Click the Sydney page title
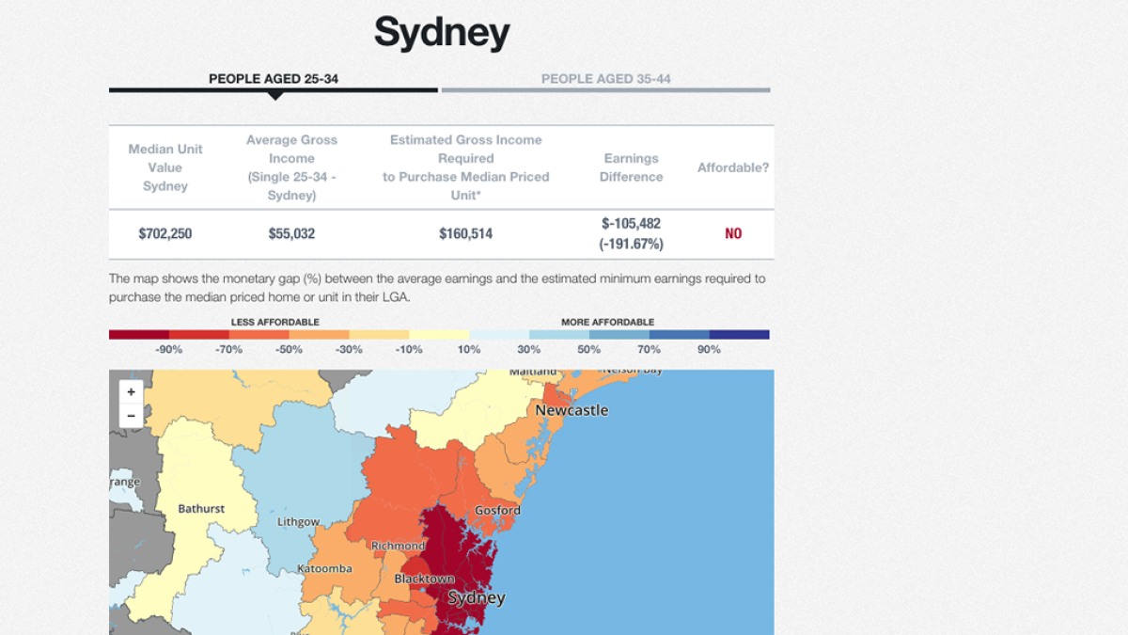pyautogui.click(x=442, y=33)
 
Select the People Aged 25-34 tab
pyautogui.click(x=274, y=79)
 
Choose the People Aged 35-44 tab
pyautogui.click(x=605, y=79)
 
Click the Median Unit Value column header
pyautogui.click(x=165, y=167)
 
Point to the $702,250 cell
pyautogui.click(x=165, y=233)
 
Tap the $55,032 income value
pyautogui.click(x=291, y=233)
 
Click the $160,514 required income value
pyautogui.click(x=465, y=233)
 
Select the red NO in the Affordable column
pyautogui.click(x=733, y=233)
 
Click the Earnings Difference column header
pyautogui.click(x=631, y=167)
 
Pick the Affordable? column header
pyautogui.click(x=733, y=167)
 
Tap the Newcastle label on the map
pyautogui.click(x=572, y=410)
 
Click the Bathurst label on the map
pyautogui.click(x=201, y=509)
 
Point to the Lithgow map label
pyautogui.click(x=298, y=521)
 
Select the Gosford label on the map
pyautogui.click(x=497, y=510)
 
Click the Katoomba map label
pyautogui.click(x=324, y=568)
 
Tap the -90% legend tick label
pyautogui.click(x=169, y=349)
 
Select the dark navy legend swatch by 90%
pyautogui.click(x=739, y=334)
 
